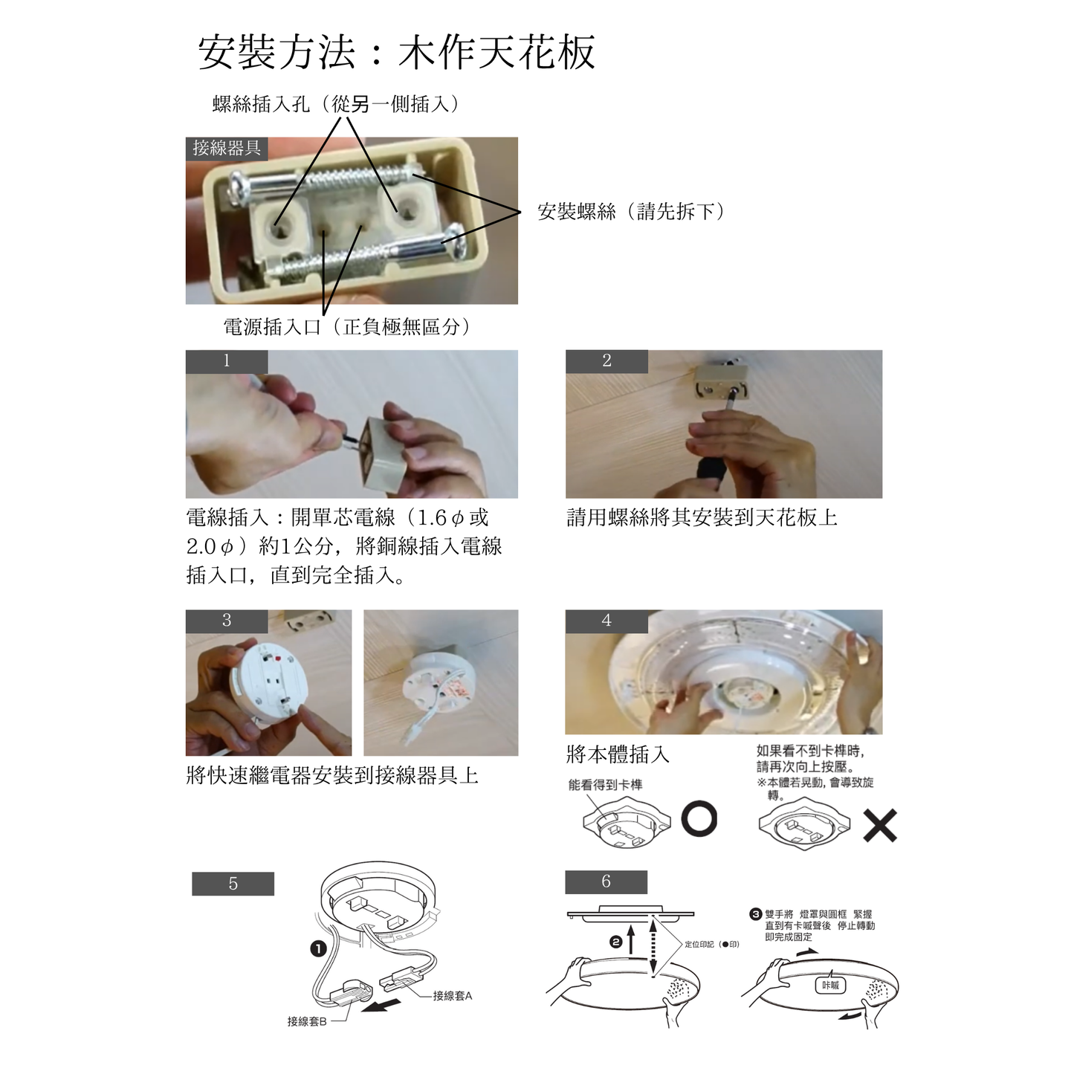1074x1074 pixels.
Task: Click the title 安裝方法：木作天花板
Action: pos(396,52)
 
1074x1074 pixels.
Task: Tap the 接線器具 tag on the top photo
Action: pos(226,148)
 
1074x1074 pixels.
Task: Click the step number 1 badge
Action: pos(226,361)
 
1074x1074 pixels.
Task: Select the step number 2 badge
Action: pos(606,361)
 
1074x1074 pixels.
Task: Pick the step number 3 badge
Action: pos(226,621)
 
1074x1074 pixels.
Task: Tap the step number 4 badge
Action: pos(606,621)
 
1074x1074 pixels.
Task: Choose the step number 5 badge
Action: pos(233,884)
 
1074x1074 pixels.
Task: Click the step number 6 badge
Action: pos(606,881)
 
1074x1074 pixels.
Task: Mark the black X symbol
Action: pos(880,825)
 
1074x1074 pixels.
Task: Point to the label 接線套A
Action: pos(453,995)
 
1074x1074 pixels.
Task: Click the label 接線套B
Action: pos(306,1021)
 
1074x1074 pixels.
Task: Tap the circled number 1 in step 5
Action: pos(317,949)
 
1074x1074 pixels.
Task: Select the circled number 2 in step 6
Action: pos(616,942)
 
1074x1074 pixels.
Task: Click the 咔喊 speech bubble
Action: pos(830,985)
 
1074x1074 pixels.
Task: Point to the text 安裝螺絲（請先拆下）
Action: pos(631,212)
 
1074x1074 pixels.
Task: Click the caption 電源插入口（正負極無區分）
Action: pos(347,326)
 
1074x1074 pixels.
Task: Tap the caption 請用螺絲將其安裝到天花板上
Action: pos(702,517)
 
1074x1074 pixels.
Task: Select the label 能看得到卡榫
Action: pos(605,785)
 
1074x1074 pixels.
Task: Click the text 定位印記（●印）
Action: pos(712,944)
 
